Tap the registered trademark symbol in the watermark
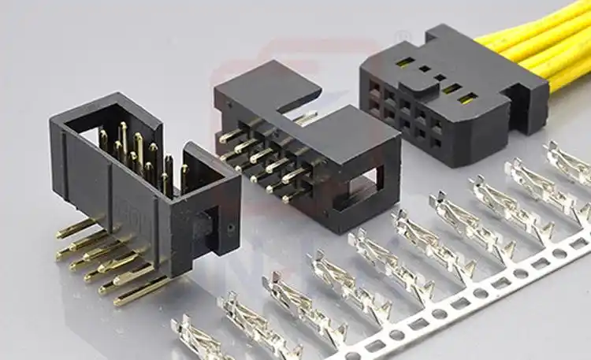(x=403, y=36)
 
